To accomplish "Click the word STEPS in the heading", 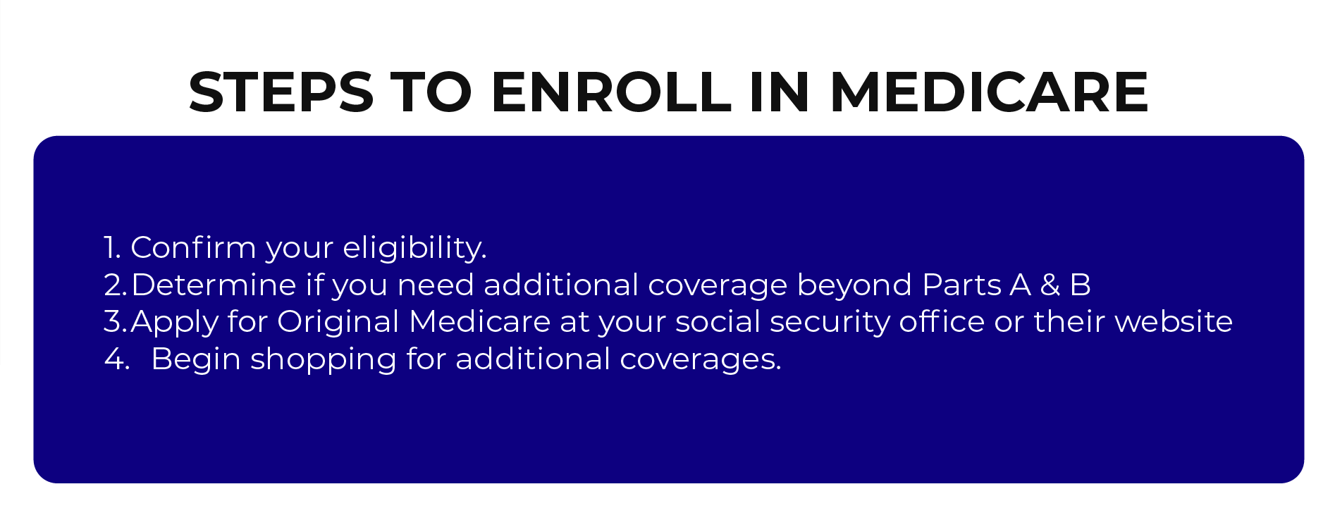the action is [x=281, y=92].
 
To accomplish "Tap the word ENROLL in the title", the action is [x=612, y=92].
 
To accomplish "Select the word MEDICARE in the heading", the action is [x=990, y=92].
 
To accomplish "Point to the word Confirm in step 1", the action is [x=193, y=247].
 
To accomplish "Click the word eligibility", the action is [x=414, y=249].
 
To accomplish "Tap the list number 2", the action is [x=115, y=285].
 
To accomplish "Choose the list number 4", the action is [x=116, y=359].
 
